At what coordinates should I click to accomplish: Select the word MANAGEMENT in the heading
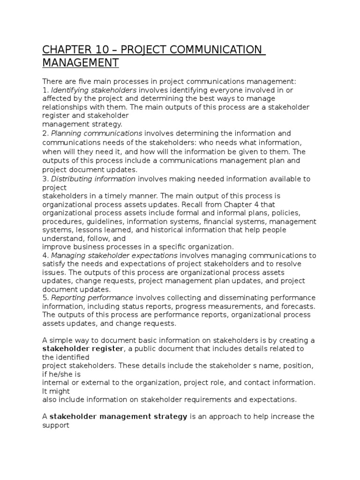[81, 62]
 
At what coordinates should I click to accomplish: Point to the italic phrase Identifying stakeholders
[94, 90]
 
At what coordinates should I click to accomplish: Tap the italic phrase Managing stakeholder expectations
[114, 255]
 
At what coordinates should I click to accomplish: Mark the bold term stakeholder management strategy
[119, 417]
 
